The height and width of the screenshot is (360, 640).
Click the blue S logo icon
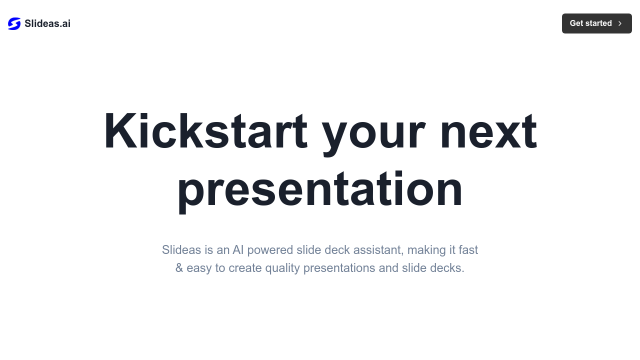click(x=14, y=23)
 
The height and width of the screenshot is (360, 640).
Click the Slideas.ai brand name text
click(x=47, y=23)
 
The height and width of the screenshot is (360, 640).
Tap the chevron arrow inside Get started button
click(x=620, y=23)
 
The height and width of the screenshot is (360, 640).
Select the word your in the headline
click(x=373, y=131)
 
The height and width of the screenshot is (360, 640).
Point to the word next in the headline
click(x=488, y=131)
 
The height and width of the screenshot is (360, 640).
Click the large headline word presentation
click(x=320, y=188)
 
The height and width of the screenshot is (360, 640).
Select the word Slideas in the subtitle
click(x=181, y=249)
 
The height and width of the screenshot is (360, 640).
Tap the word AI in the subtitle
click(x=238, y=249)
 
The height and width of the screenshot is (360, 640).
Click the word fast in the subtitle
click(x=468, y=249)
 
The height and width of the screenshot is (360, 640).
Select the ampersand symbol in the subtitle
click(x=179, y=268)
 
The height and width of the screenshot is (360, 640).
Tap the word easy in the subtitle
click(x=199, y=268)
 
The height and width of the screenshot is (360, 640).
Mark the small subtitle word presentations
click(x=339, y=268)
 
